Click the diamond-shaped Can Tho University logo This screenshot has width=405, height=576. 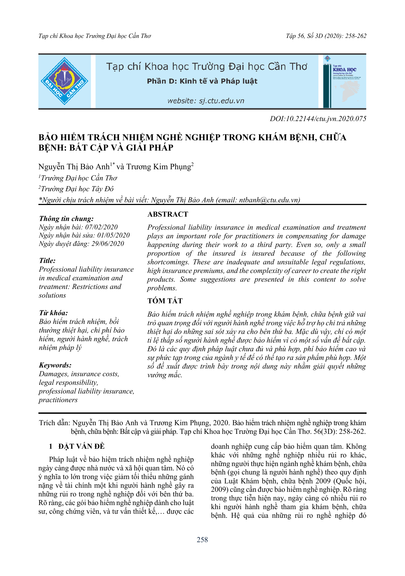pyautogui.click(x=64, y=81)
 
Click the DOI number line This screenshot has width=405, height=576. pyautogui.click(x=318, y=119)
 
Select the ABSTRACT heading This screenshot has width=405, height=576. pyautogui.click(x=167, y=214)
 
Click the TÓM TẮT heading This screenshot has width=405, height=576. pyautogui.click(x=165, y=301)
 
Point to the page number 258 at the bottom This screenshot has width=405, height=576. pyautogui.click(x=202, y=540)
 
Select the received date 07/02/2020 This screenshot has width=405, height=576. pyautogui.click(x=101, y=227)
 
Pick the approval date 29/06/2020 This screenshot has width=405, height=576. pyautogui.click(x=108, y=244)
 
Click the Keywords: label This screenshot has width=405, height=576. pyautogui.click(x=55, y=365)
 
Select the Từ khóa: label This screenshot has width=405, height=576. pyautogui.click(x=53, y=313)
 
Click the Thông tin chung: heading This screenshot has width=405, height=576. pyautogui.click(x=66, y=219)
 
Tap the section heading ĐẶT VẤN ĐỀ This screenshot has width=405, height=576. pyautogui.click(x=81, y=446)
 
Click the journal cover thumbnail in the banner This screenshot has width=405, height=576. pyautogui.click(x=344, y=81)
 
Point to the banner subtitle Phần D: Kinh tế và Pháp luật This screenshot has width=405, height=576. pyautogui.click(x=202, y=81)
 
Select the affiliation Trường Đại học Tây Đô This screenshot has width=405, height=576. pyautogui.click(x=77, y=189)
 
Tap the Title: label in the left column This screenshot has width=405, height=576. pyautogui.click(x=47, y=261)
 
